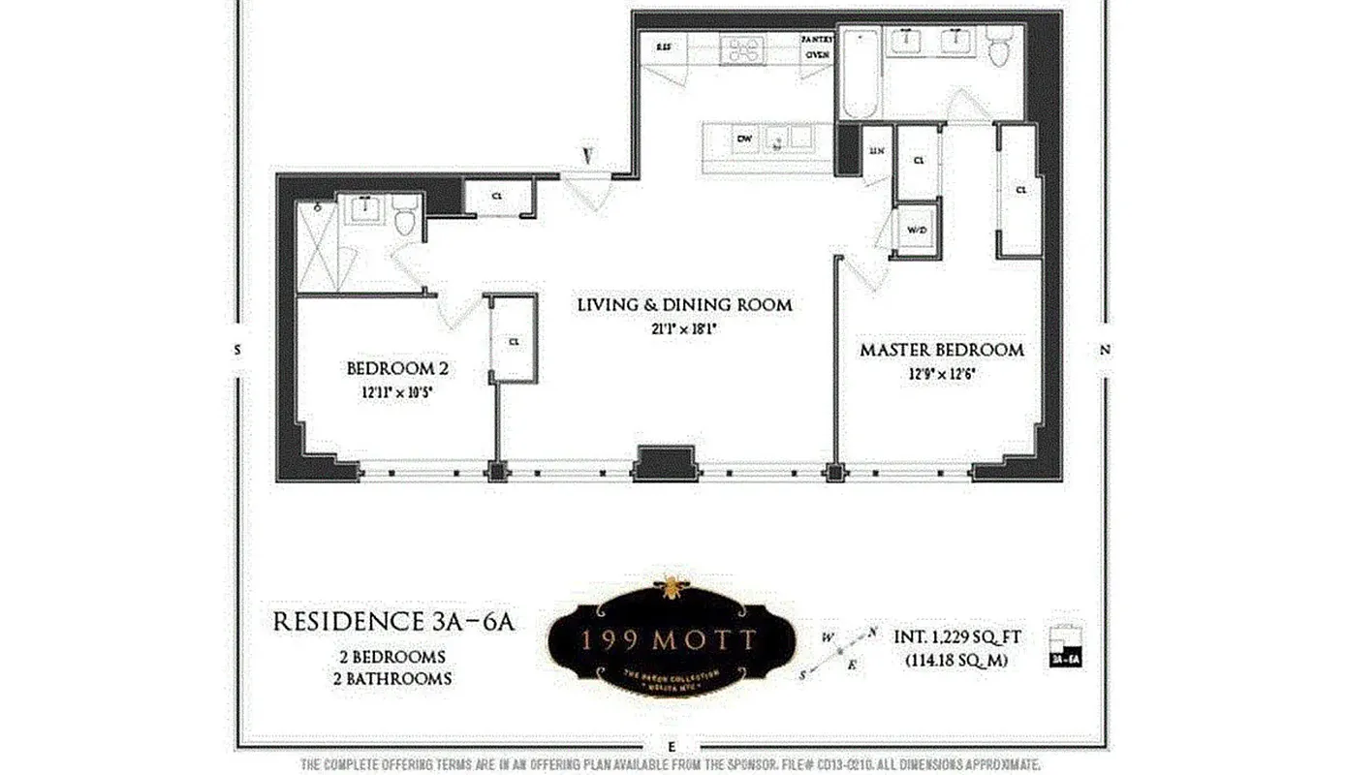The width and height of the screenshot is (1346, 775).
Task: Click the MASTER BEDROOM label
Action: [x=941, y=350]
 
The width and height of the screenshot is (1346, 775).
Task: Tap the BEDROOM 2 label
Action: [x=396, y=368]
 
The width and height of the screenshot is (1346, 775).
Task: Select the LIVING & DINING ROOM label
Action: [x=684, y=305]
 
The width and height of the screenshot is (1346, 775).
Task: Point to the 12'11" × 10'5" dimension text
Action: [x=396, y=392]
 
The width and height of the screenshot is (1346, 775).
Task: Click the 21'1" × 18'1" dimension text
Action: [x=684, y=329]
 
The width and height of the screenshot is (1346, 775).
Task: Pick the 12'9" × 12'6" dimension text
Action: [x=941, y=374]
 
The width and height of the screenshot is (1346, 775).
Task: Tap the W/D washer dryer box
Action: [x=917, y=231]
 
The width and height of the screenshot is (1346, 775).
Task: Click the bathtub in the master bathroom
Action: [x=860, y=73]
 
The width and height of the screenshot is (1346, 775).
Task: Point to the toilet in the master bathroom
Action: [x=999, y=46]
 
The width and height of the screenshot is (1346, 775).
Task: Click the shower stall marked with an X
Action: [x=317, y=246]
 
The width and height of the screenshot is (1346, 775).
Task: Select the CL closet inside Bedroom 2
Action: [x=514, y=340]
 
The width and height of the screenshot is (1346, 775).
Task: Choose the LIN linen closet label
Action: [x=877, y=151]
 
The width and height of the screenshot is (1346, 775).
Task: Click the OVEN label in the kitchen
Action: [x=816, y=55]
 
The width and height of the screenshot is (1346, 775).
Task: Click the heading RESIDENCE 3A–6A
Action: [x=392, y=622]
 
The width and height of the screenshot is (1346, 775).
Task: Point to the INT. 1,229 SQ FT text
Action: [x=955, y=637]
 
